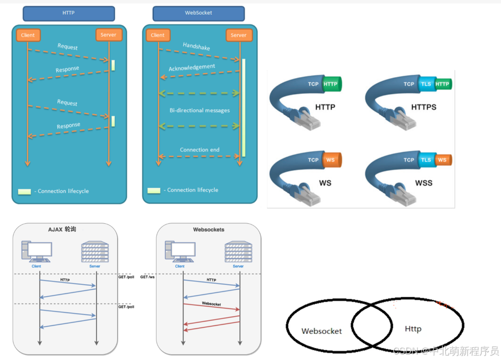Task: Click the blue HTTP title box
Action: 69,13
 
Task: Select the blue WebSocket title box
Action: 198,13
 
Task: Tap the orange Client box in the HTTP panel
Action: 28,35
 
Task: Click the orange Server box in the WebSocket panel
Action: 238,35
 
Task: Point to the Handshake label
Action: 196,47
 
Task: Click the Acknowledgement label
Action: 192,67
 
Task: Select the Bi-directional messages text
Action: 199,110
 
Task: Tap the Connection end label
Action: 200,149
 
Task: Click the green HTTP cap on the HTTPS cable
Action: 443,84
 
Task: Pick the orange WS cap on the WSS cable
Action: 442,160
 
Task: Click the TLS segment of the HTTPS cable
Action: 426,84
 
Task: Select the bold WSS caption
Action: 424,183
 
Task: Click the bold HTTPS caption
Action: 424,107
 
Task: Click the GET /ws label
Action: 147,277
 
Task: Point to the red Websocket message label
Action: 211,303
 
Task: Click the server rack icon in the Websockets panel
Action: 238,252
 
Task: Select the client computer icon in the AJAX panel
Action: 37,252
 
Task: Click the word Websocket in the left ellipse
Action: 322,331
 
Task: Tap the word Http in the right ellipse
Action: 413,329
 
